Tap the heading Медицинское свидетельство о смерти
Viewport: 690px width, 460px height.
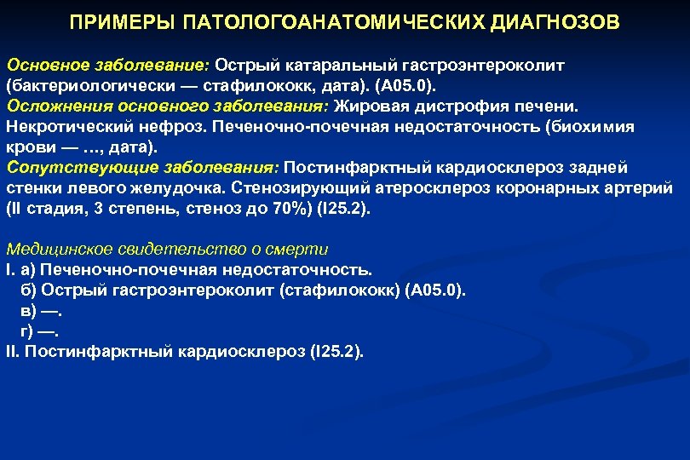pos(167,250)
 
